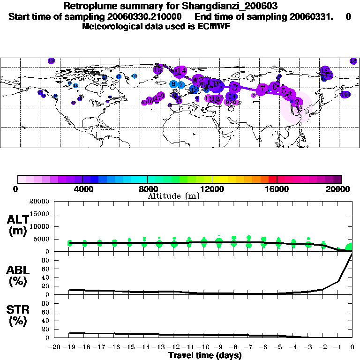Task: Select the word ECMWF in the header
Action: [214, 26]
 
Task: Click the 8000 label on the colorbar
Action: [147, 189]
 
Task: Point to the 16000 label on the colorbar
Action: [277, 189]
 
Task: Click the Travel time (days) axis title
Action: [205, 356]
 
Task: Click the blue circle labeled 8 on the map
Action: [174, 84]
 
